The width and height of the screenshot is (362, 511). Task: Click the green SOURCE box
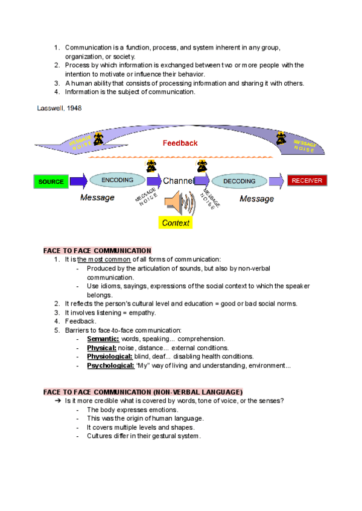click(51, 181)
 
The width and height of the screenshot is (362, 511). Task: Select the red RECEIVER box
click(307, 180)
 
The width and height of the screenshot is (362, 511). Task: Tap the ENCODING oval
click(117, 180)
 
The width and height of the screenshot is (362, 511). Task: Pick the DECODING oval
click(240, 181)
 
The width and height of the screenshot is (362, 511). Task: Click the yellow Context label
click(176, 223)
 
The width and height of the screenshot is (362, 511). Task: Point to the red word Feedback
click(180, 143)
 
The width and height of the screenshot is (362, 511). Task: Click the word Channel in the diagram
click(179, 181)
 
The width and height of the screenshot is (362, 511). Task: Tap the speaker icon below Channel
click(179, 204)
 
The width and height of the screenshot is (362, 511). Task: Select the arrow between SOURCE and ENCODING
click(78, 181)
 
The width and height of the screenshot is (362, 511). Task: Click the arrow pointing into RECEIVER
click(276, 181)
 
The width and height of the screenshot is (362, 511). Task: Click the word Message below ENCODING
click(97, 198)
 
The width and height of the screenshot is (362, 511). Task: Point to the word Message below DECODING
click(256, 198)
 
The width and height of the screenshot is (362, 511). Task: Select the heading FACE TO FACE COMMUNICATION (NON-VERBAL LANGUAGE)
click(144, 392)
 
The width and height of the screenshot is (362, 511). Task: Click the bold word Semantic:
click(103, 339)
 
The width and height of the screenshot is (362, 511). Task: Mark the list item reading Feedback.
click(80, 321)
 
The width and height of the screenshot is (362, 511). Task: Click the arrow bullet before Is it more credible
click(58, 401)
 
